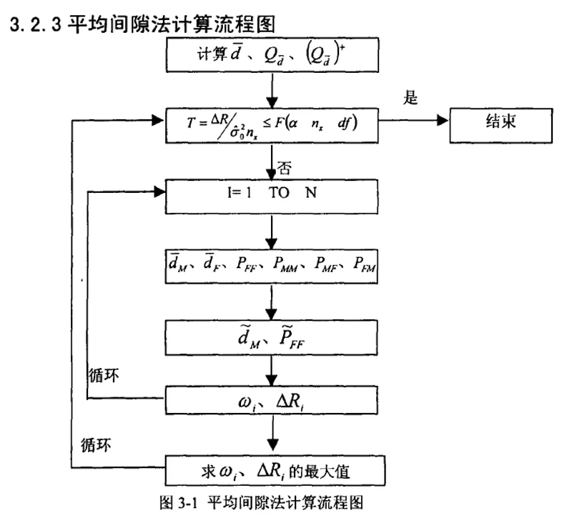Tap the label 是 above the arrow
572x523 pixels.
pos(410,97)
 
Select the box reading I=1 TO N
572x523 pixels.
pos(272,194)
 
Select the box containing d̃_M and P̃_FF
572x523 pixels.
pos(272,334)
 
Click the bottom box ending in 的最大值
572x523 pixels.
pos(272,470)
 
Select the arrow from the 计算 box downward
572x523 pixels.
pos(272,89)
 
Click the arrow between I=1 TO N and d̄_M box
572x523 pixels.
pos(272,230)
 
